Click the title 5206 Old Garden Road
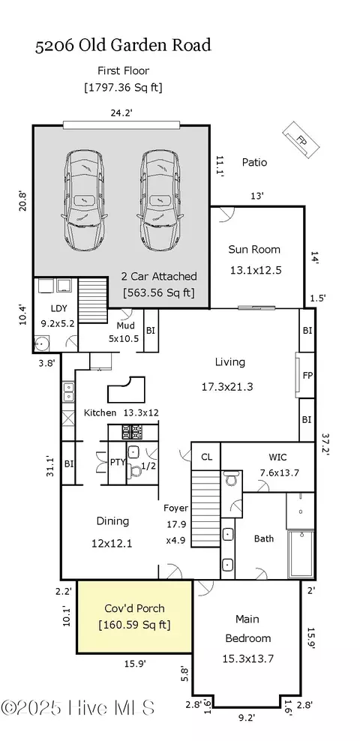pyautogui.click(x=122, y=45)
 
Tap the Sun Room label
pyautogui.click(x=254, y=249)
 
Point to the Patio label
pyautogui.click(x=254, y=162)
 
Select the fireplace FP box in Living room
pyautogui.click(x=307, y=373)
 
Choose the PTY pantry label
pyautogui.click(x=117, y=463)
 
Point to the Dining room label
pyautogui.click(x=112, y=521)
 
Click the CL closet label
pyautogui.click(x=205, y=456)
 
